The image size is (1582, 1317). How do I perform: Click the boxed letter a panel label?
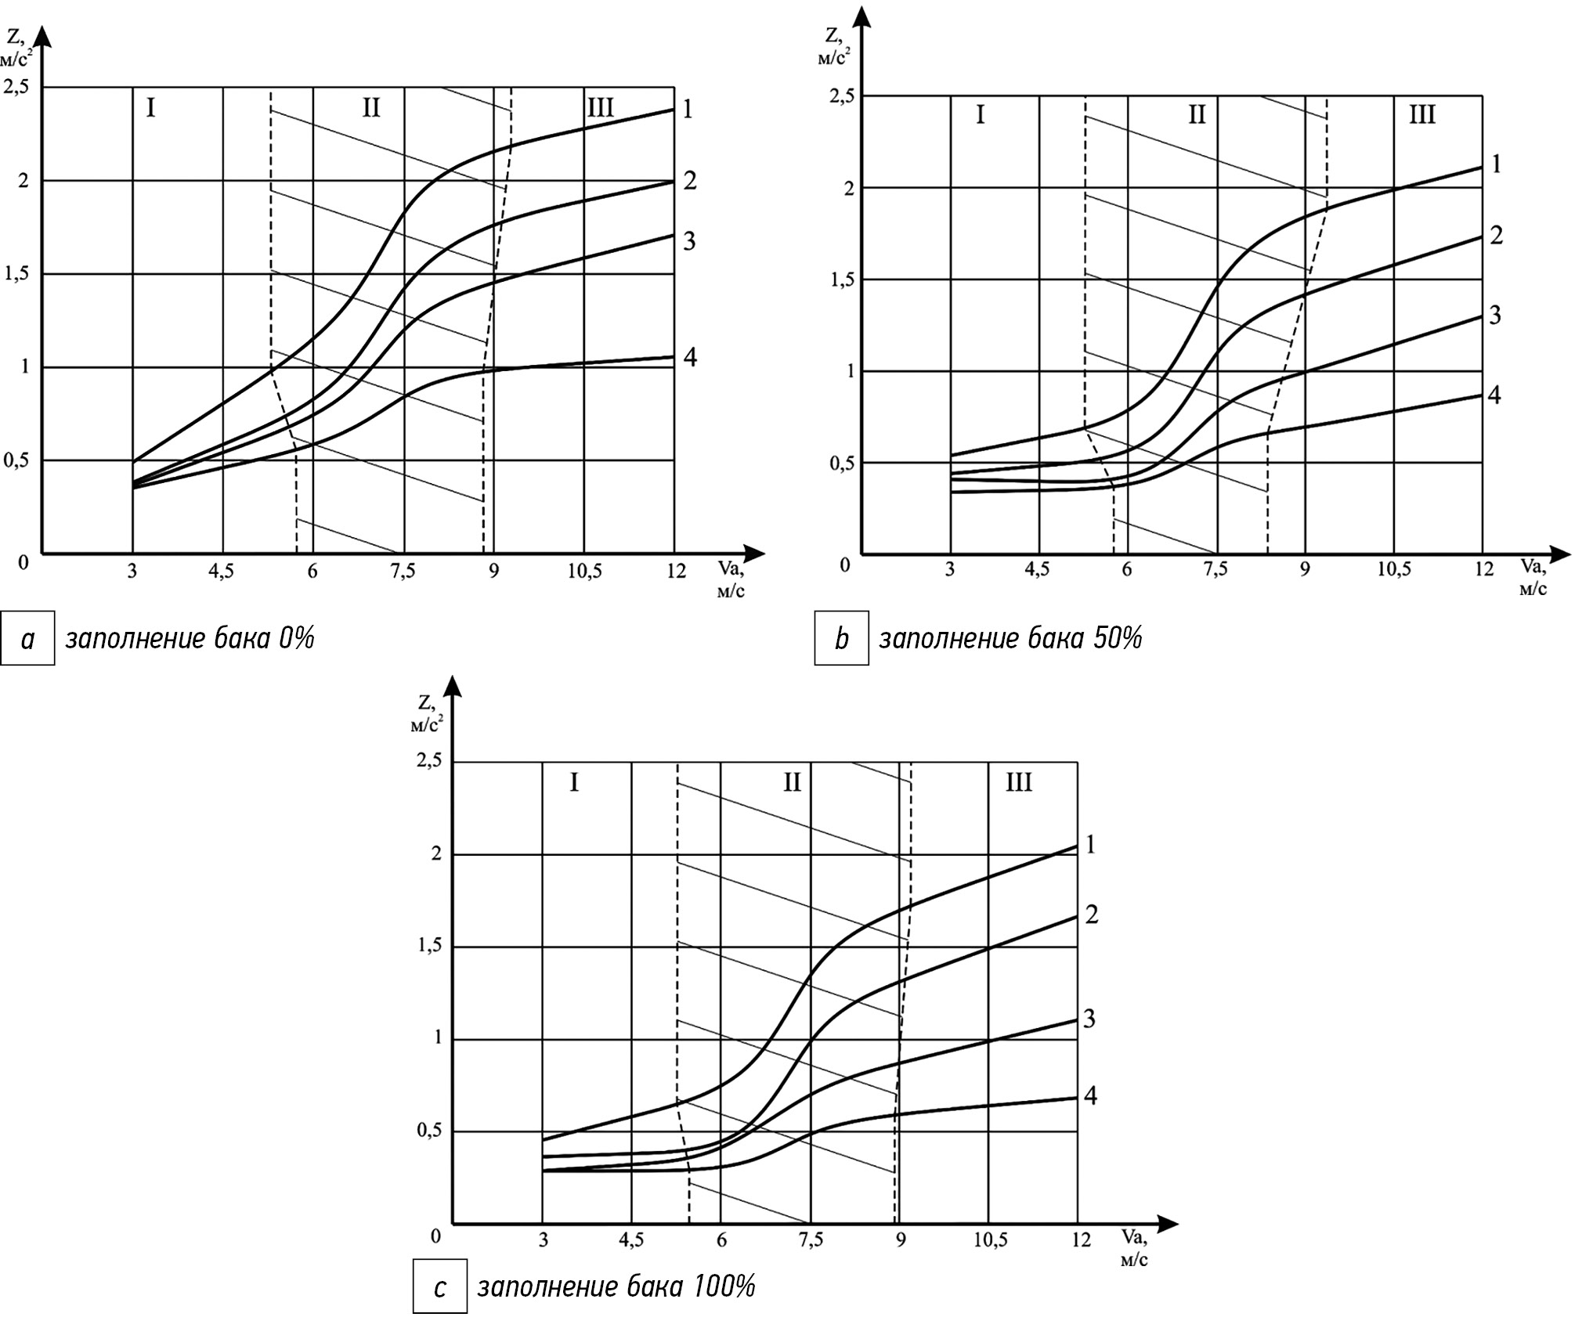coord(27,638)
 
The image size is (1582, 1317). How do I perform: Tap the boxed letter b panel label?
coord(841,638)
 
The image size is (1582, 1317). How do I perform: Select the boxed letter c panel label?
coord(440,1286)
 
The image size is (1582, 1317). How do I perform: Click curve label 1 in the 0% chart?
coord(687,110)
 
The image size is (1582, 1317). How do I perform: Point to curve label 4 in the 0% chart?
coord(689,358)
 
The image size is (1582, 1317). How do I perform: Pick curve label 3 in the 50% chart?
coord(1494,316)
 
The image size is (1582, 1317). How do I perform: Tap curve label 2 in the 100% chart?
coord(1091,914)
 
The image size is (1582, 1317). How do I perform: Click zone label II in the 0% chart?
coord(370,107)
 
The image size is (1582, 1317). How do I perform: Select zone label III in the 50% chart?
coord(1421,115)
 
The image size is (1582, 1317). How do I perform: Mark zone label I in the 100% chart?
coord(574,782)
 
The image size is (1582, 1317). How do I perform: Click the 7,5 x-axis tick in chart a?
coord(403,572)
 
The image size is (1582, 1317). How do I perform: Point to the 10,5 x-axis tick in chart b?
coord(1393,569)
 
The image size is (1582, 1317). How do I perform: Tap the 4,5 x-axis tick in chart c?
coord(631,1240)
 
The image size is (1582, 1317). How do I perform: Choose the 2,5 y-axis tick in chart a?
coord(16,86)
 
